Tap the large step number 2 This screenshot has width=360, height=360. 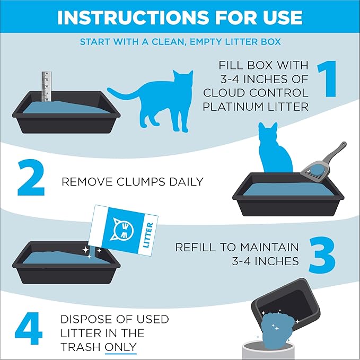point(31,179)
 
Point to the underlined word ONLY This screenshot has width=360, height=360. point(121,347)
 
